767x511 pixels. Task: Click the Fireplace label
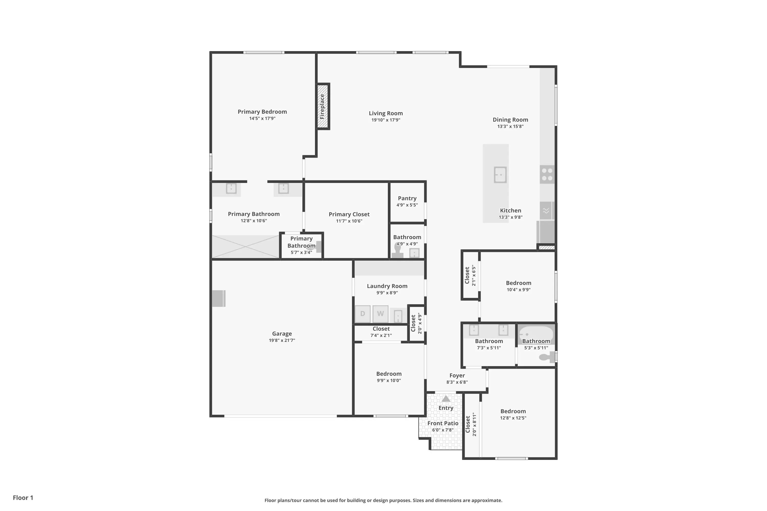coord(322,107)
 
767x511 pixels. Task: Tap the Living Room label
coord(386,113)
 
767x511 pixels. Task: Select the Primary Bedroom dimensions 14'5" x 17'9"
coord(262,119)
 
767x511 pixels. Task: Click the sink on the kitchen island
coord(500,175)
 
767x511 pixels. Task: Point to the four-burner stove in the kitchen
coord(547,174)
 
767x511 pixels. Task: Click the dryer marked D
coord(363,314)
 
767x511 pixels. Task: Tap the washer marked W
coord(380,314)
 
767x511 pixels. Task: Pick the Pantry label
coord(407,199)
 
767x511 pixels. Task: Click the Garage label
coord(282,334)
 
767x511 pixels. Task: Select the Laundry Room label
coord(387,286)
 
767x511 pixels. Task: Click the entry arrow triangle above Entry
coord(446,399)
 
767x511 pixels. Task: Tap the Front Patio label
coord(443,423)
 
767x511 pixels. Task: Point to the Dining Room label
coord(510,120)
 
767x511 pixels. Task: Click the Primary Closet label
coord(349,214)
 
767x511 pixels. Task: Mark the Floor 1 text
coord(23,498)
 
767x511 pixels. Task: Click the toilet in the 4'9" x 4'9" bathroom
coord(398,251)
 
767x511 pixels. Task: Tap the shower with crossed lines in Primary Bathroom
coord(245,247)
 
